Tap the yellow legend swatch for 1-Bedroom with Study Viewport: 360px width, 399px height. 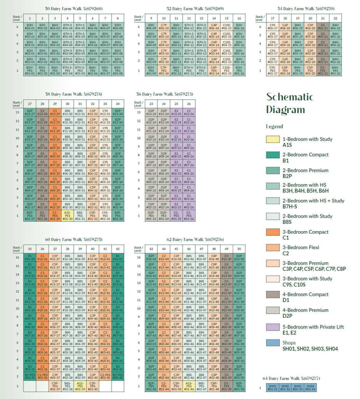274,139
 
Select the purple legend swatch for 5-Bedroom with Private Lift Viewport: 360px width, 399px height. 274,327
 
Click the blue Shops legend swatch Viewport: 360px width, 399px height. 274,343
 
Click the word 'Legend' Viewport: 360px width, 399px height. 274,127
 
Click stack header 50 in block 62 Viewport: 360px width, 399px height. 239,249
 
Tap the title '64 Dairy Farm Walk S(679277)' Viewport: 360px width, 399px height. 291,378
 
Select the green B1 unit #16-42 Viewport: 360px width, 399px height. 118,257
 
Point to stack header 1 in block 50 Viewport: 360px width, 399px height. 30,18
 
